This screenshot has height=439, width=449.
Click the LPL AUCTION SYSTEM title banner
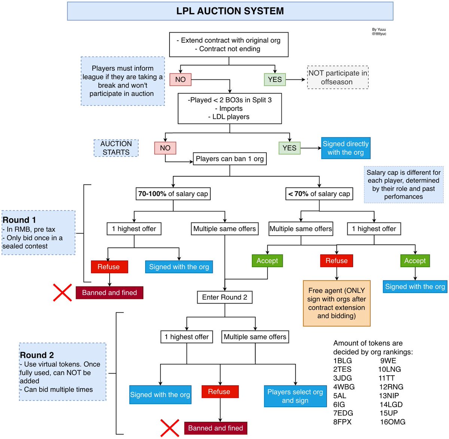pyautogui.click(x=230, y=11)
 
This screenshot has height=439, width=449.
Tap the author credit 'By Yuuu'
pyautogui.click(x=379, y=30)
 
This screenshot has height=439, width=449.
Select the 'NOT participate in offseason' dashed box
pyautogui.click(x=337, y=77)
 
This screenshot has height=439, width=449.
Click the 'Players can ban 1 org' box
pyautogui.click(x=230, y=159)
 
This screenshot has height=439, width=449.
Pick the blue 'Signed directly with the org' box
pyautogui.click(x=346, y=148)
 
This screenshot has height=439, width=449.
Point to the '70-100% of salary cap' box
pyautogui.click(x=173, y=194)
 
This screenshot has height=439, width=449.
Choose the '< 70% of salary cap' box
pyautogui.click(x=319, y=194)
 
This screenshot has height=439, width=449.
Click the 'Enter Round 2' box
pyautogui.click(x=224, y=297)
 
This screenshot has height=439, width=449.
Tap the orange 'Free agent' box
pyautogui.click(x=336, y=303)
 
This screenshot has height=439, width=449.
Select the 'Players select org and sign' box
pyautogui.click(x=295, y=396)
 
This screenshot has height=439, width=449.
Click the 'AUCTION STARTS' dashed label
pyautogui.click(x=116, y=148)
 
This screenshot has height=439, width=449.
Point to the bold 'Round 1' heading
pyautogui.click(x=19, y=220)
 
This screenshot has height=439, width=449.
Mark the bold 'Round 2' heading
pyautogui.click(x=37, y=355)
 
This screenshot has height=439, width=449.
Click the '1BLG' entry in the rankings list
pyautogui.click(x=343, y=361)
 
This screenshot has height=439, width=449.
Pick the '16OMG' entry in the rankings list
pyautogui.click(x=393, y=422)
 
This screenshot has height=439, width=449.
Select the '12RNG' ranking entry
pyautogui.click(x=391, y=387)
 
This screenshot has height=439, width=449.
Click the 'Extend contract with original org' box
pyautogui.click(x=229, y=45)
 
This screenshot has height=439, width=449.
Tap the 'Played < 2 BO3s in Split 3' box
pyautogui.click(x=230, y=109)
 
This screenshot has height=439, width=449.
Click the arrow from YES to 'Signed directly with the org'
pyautogui.click(x=311, y=148)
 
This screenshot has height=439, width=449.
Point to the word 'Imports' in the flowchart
pyautogui.click(x=231, y=109)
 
